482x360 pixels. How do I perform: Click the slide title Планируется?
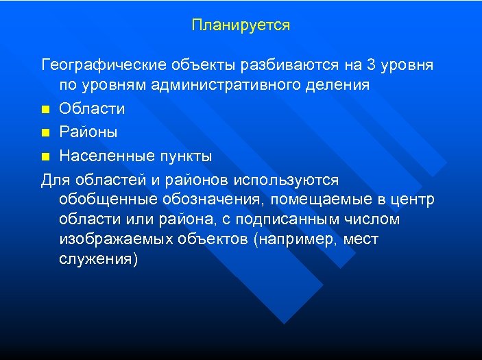click(241, 25)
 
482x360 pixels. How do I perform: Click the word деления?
click(343, 86)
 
